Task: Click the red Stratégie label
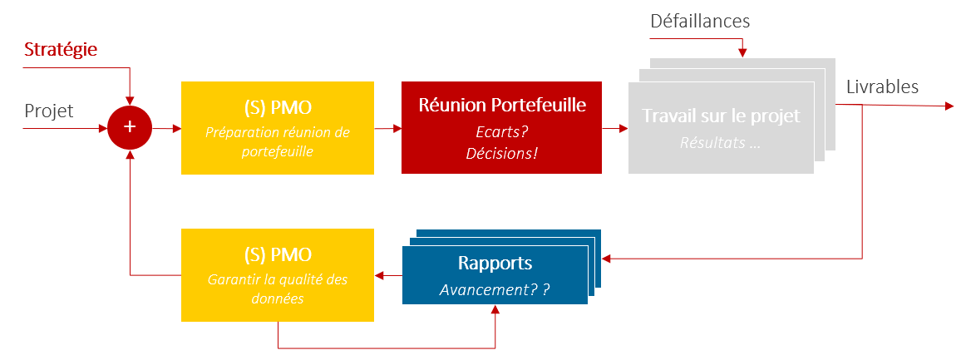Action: click(x=61, y=50)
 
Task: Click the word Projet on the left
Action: click(x=48, y=111)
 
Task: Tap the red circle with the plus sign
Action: click(x=129, y=127)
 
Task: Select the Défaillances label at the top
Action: click(x=700, y=22)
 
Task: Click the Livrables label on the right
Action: click(x=882, y=86)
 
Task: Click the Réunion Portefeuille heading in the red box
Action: click(x=501, y=106)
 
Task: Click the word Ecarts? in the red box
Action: click(x=501, y=131)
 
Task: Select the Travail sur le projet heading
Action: click(x=721, y=116)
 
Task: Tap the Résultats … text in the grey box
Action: click(x=721, y=142)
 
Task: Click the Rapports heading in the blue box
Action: click(x=495, y=263)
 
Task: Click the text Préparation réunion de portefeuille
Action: click(x=277, y=141)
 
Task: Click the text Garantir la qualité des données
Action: click(x=277, y=288)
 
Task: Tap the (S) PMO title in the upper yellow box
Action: click(x=277, y=108)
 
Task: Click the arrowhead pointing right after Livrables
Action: click(x=949, y=106)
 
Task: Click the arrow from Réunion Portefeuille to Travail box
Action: click(x=614, y=128)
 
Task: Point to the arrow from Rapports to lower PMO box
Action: click(x=388, y=274)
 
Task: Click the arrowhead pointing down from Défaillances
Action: click(x=742, y=53)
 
